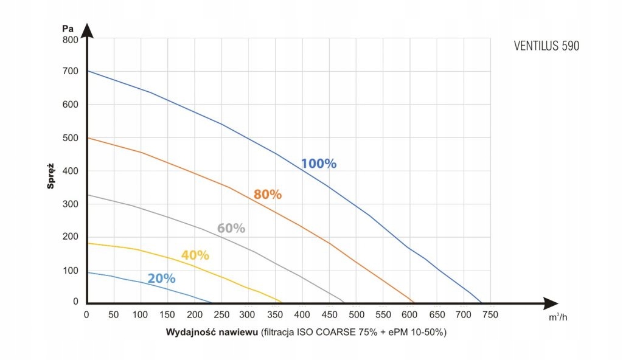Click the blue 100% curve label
(319, 164)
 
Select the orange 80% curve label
(268, 195)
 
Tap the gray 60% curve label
(231, 229)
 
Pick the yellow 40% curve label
(195, 255)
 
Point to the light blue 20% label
(161, 279)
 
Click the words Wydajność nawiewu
(211, 333)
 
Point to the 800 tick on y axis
(71, 40)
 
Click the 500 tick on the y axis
(71, 137)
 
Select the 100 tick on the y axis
(71, 269)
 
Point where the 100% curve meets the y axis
(87, 71)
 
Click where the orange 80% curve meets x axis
(414, 302)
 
